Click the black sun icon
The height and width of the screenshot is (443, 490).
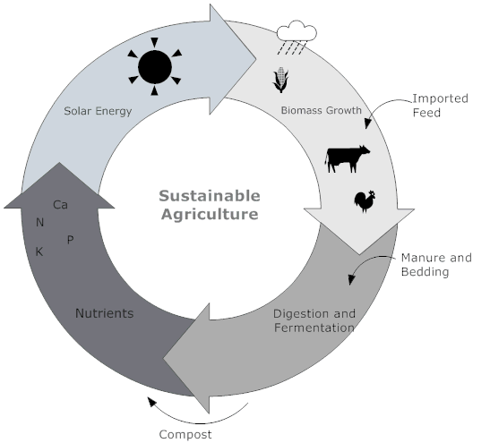click(155, 66)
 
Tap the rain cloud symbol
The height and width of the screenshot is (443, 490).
click(297, 37)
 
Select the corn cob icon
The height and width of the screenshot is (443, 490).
click(280, 80)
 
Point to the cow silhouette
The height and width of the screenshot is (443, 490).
click(348, 158)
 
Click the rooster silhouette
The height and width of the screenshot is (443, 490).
click(365, 201)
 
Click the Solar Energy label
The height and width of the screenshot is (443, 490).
click(98, 111)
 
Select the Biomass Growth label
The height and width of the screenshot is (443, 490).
click(322, 110)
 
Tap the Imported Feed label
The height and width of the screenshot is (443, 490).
click(441, 106)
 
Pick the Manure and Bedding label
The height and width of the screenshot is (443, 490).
click(436, 265)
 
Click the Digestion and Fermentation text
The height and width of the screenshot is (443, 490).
click(314, 320)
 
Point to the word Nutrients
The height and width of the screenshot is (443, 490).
click(105, 313)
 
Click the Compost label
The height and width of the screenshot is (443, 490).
click(185, 435)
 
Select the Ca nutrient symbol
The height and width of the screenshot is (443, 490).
click(60, 205)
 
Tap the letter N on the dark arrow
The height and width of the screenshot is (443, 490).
click(39, 223)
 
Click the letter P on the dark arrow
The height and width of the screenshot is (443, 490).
click(70, 240)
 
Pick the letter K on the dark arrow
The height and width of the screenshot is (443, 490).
click(39, 251)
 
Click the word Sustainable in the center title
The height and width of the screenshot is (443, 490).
click(210, 196)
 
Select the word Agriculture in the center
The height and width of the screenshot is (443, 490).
click(210, 215)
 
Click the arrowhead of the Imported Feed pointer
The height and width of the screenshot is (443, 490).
click(368, 124)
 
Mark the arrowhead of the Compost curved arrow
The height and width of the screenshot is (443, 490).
click(151, 402)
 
